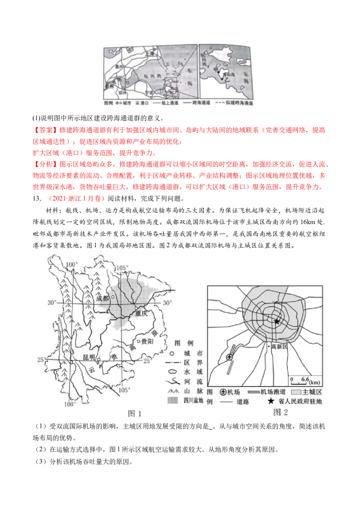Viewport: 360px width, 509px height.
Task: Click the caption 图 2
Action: (280, 412)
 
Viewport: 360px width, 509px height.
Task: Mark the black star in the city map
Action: (276, 321)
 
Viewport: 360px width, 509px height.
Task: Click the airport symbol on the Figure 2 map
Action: (230, 357)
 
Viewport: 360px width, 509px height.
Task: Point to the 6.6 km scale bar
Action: (305, 384)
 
